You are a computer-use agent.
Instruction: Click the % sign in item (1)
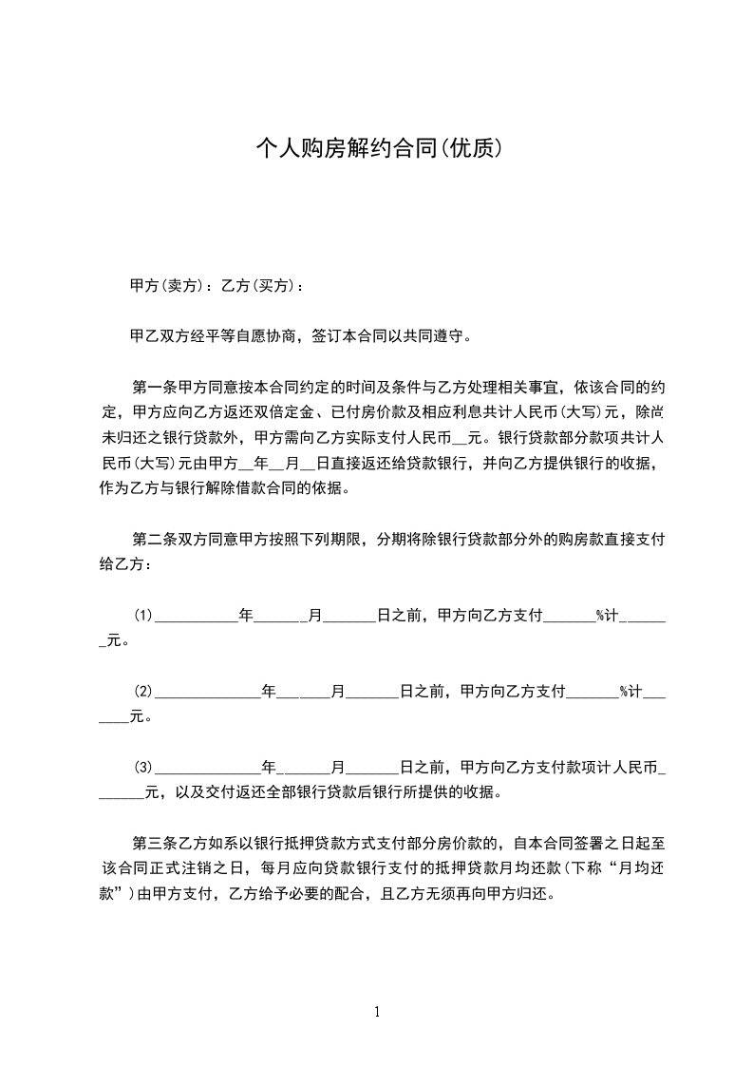601,616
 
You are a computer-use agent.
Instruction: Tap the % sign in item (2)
625,691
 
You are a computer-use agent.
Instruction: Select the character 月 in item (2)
337,691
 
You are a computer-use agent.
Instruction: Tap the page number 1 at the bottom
377,1012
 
